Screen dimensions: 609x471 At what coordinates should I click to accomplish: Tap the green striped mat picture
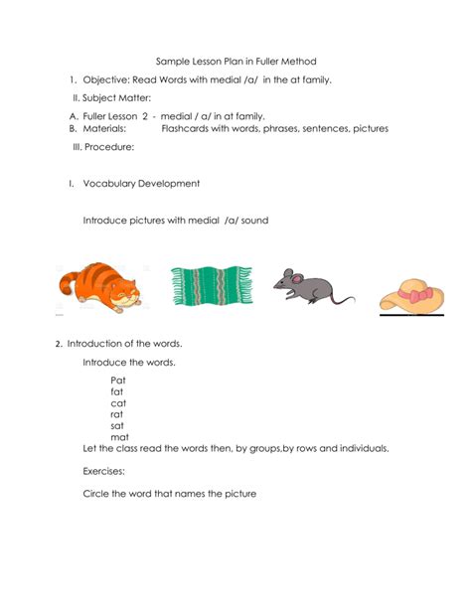[x=211, y=287]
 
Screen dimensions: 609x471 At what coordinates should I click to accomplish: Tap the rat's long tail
[x=341, y=298]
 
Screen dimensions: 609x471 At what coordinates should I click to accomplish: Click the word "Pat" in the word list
[x=118, y=379]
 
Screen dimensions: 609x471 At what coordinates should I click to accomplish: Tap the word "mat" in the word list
[x=119, y=437]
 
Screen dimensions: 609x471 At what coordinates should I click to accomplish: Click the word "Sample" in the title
[x=173, y=62]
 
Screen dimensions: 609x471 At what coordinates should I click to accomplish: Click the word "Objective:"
[x=106, y=79]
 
